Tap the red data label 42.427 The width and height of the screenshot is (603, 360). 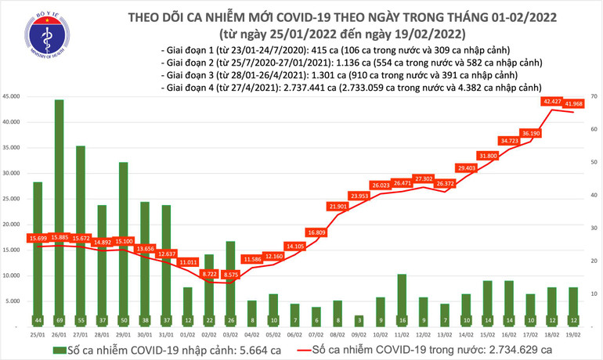tap(551, 101)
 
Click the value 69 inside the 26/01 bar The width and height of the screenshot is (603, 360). tap(59, 320)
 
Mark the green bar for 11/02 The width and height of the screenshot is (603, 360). tap(402, 296)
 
